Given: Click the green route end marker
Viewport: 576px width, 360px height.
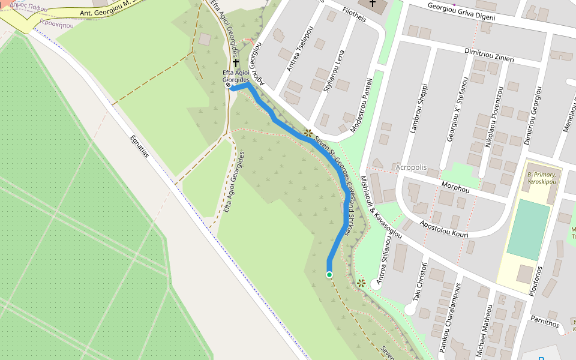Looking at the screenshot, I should tap(329, 275).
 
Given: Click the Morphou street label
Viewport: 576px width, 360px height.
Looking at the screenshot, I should tap(455, 188).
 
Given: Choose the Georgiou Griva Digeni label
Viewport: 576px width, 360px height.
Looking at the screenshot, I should tap(461, 12).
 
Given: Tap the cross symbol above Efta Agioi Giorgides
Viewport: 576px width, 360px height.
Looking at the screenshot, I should tap(236, 62).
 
